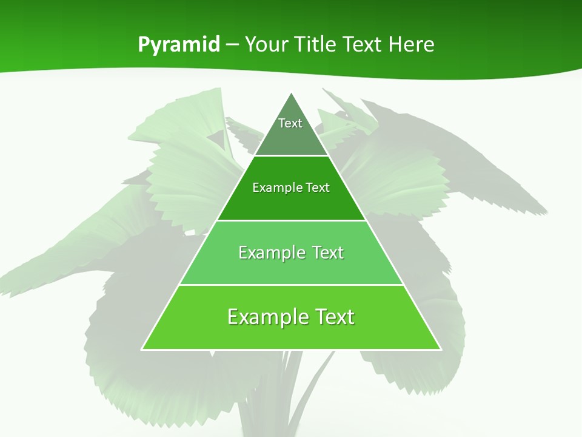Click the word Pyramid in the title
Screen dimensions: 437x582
pos(179,45)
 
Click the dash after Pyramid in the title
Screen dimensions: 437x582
pos(232,45)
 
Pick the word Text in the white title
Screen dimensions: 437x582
pos(363,44)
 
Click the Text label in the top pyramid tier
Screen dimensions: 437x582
pos(290,123)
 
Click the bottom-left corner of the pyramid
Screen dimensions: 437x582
pos(142,350)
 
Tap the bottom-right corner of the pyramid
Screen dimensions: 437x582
pos(441,350)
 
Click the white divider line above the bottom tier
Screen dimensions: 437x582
pos(292,285)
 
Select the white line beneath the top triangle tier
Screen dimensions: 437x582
pos(292,156)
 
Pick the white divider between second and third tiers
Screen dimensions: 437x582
pos(292,220)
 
